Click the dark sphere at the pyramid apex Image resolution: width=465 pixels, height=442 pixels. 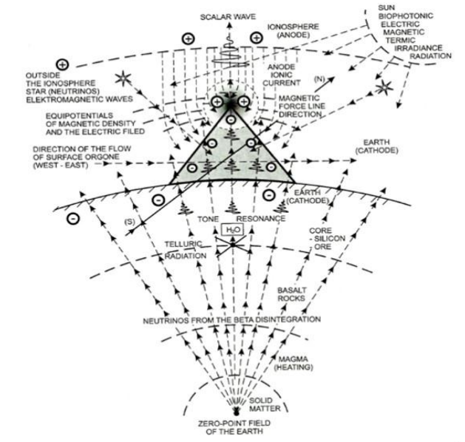tap(232, 101)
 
